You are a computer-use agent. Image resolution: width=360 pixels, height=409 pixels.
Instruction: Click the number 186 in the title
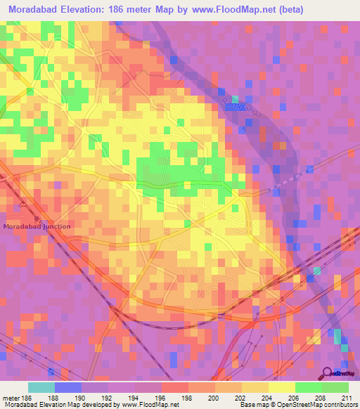(x=148, y=10)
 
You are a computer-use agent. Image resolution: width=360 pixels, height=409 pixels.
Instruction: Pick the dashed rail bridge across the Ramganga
(x=290, y=178)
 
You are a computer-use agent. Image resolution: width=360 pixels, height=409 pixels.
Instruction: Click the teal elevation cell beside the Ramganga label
(x=236, y=98)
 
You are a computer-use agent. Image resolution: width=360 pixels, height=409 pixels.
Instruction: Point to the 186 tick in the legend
(x=26, y=398)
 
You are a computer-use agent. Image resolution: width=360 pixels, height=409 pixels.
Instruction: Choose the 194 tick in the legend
(x=134, y=398)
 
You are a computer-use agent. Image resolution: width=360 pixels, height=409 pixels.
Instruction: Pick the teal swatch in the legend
(x=41, y=387)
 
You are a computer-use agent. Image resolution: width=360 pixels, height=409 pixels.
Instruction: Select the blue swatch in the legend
(x=67, y=387)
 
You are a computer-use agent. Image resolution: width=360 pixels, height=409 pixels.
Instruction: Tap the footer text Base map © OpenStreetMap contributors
(x=300, y=405)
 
